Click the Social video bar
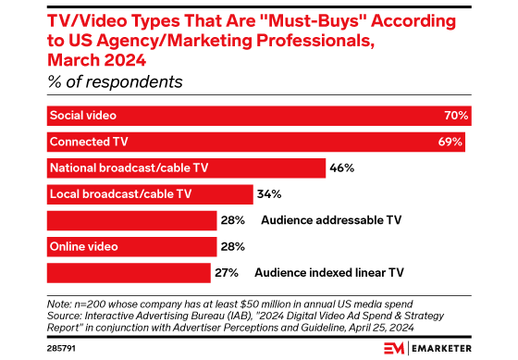(x=259, y=117)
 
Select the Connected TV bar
(x=255, y=143)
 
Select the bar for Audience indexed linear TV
(x=129, y=272)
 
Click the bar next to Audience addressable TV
(x=130, y=220)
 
